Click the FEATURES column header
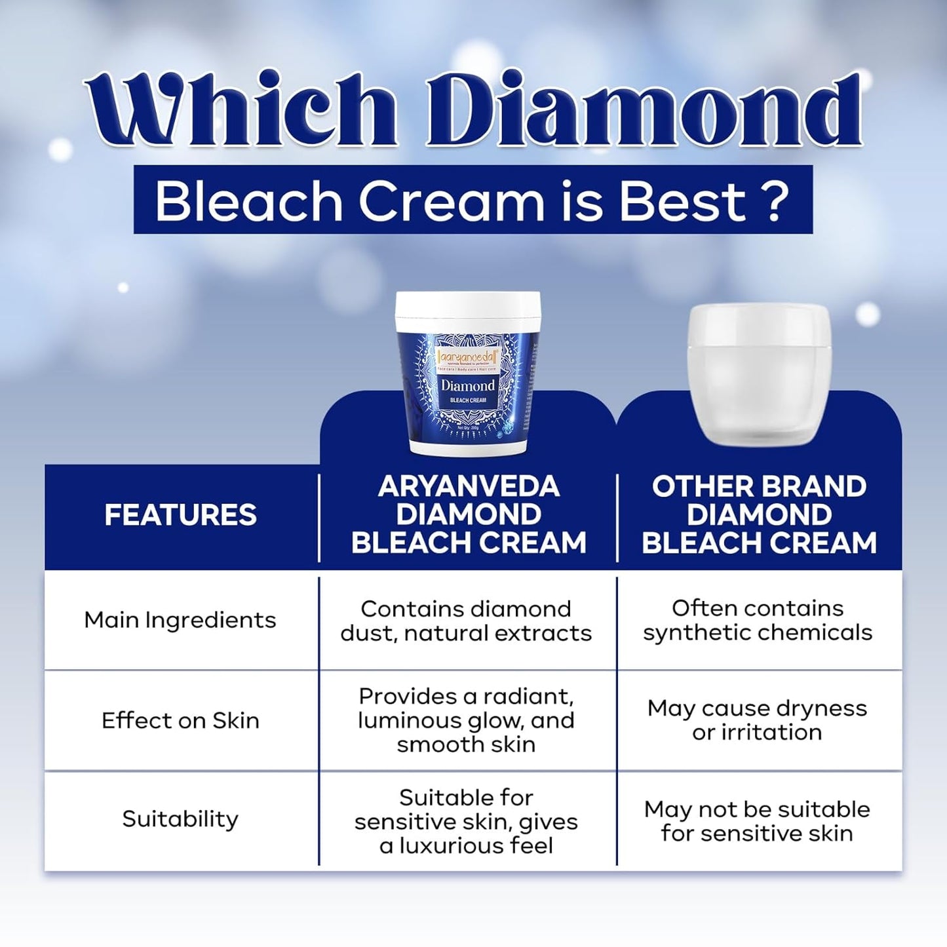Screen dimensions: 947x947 (181, 515)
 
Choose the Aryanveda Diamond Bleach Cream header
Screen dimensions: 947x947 (468, 515)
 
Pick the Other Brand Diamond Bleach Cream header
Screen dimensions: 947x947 (759, 515)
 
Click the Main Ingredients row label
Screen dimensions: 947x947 (180, 620)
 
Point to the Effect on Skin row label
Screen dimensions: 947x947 (180, 721)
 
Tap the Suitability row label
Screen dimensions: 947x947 (180, 819)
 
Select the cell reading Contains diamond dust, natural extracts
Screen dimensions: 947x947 (466, 621)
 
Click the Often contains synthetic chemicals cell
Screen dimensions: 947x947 (758, 621)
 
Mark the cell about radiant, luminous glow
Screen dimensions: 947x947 (466, 720)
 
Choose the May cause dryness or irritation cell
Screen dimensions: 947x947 (757, 720)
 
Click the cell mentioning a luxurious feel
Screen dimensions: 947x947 (466, 822)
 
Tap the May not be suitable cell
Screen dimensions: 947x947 (757, 822)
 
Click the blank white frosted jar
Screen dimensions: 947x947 (759, 374)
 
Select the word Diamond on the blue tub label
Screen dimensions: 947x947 (467, 385)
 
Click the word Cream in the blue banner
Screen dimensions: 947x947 (451, 201)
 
